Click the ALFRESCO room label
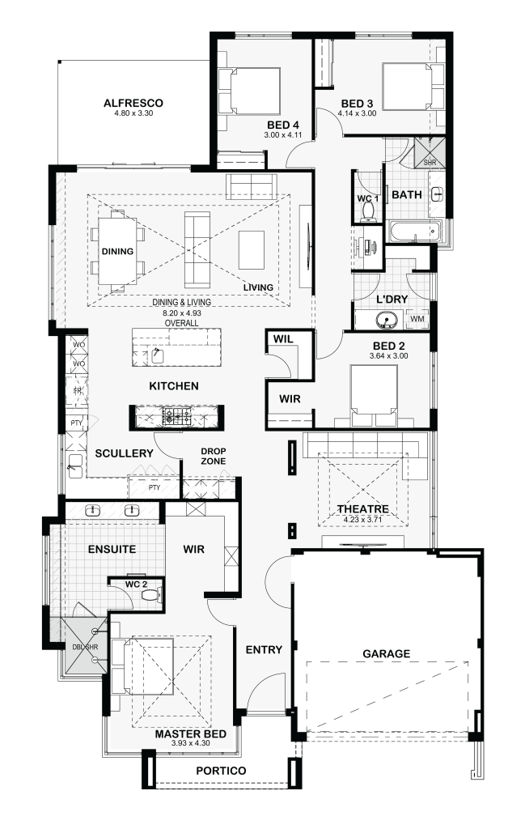pyautogui.click(x=133, y=103)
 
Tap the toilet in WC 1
pyautogui.click(x=367, y=212)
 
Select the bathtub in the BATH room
pyautogui.click(x=415, y=231)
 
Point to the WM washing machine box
pyautogui.click(x=417, y=319)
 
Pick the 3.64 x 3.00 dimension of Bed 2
pyautogui.click(x=389, y=356)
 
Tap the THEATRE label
pyautogui.click(x=363, y=508)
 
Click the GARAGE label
pyautogui.click(x=386, y=653)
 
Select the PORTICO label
pyautogui.click(x=221, y=771)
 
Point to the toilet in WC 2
pyautogui.click(x=151, y=596)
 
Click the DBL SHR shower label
pyautogui.click(x=84, y=647)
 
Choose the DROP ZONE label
pyautogui.click(x=214, y=457)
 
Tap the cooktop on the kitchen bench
pyautogui.click(x=177, y=417)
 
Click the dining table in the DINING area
pyautogui.click(x=117, y=251)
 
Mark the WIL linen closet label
pyautogui.click(x=283, y=339)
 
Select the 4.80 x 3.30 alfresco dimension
pyautogui.click(x=133, y=113)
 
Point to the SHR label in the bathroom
pyautogui.click(x=430, y=163)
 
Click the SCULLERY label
pyautogui.click(x=124, y=453)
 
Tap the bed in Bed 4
pyautogui.click(x=249, y=91)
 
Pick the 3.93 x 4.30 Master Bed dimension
pyautogui.click(x=191, y=743)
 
